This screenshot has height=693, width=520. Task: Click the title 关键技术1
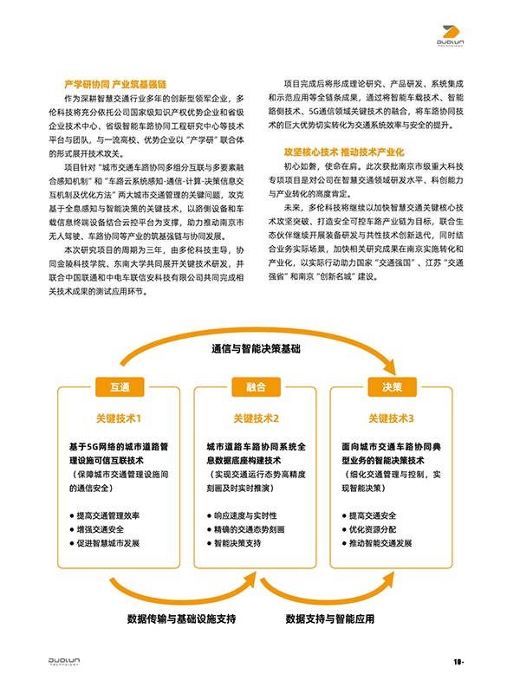coord(120,418)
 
